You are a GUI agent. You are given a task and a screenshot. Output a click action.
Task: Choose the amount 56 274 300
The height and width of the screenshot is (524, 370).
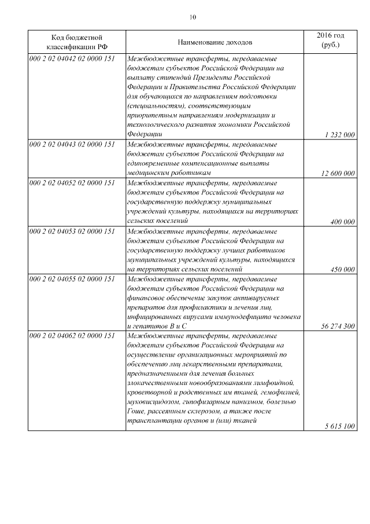point(338,326)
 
